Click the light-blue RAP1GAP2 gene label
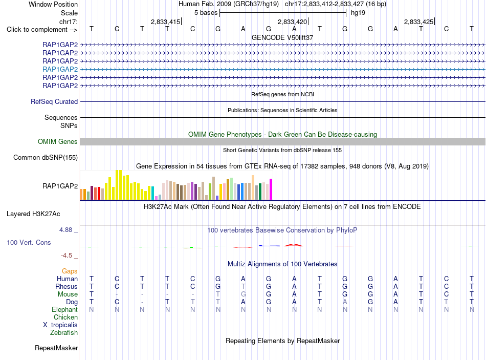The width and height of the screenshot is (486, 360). pos(60,69)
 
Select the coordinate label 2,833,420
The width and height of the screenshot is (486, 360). pos(292,22)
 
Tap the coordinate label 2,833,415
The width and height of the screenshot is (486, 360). pos(165,22)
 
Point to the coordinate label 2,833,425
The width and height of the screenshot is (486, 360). pos(418,22)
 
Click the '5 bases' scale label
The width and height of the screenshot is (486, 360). pos(206,13)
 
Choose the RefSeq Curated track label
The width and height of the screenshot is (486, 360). pos(54,101)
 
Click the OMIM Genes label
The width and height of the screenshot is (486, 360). pos(58,141)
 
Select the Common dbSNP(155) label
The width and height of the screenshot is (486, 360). pos(46,157)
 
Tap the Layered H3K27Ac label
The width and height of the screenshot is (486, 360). pos(33,214)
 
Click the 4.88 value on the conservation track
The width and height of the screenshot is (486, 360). pos(65,230)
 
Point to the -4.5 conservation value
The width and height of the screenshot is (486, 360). pos(67,256)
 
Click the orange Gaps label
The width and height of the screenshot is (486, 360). pos(70,271)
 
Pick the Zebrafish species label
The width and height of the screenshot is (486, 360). pos(64,332)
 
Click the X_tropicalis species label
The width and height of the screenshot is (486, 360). pos(60,325)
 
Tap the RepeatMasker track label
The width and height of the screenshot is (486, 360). pos(56,348)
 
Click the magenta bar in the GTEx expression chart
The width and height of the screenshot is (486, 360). pos(271,189)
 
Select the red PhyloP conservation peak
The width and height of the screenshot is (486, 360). pos(294,245)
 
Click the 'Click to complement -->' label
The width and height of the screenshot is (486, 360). pos(42,30)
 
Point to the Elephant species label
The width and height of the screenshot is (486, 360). pos(65,309)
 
